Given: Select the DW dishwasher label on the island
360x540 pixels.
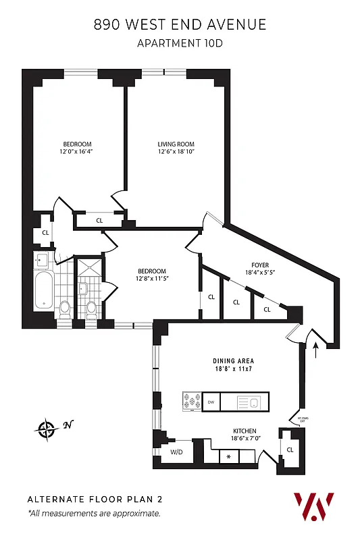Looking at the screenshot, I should [211, 402].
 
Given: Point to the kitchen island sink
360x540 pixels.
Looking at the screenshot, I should [253, 403].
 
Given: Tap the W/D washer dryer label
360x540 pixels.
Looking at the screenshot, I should [177, 452].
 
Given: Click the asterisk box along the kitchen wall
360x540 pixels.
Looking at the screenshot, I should [229, 457].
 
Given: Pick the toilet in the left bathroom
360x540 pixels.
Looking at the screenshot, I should [65, 308].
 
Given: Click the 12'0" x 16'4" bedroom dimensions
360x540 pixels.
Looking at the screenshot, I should [77, 152].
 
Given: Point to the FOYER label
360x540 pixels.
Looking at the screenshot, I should [259, 265].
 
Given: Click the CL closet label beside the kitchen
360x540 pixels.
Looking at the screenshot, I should [290, 450].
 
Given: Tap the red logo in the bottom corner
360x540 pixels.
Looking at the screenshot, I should [313, 506].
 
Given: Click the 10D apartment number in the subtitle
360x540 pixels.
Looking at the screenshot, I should [213, 44].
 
